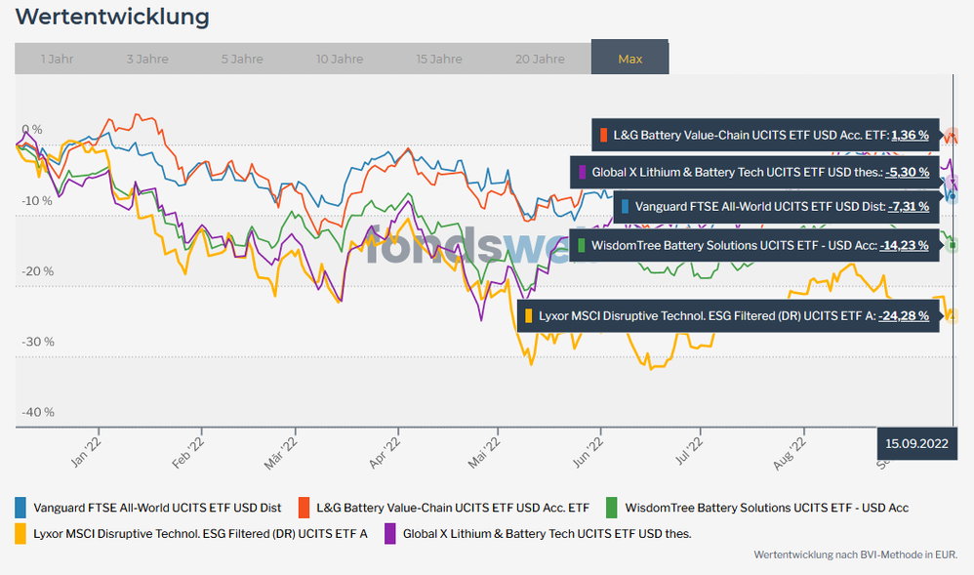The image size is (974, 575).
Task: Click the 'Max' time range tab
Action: pyautogui.click(x=629, y=59)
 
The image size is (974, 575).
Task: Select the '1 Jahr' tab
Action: pyautogui.click(x=57, y=59)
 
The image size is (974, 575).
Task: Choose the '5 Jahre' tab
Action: pyautogui.click(x=242, y=59)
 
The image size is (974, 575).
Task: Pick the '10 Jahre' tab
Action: pyautogui.click(x=340, y=59)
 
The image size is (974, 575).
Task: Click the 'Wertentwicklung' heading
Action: pyautogui.click(x=112, y=17)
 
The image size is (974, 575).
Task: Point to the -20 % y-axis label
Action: pyautogui.click(x=38, y=271)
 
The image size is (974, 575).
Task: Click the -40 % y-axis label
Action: pyautogui.click(x=38, y=412)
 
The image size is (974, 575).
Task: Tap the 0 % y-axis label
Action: pyautogui.click(x=32, y=129)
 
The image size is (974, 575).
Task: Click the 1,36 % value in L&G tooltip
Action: pyautogui.click(x=910, y=135)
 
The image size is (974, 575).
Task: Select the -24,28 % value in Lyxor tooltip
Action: pyautogui.click(x=903, y=315)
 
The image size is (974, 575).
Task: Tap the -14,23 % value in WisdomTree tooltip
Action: pyautogui.click(x=904, y=245)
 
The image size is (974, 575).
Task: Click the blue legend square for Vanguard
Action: pyautogui.click(x=20, y=508)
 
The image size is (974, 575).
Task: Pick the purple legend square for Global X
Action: pyautogui.click(x=390, y=533)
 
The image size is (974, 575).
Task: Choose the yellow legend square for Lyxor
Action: pyautogui.click(x=20, y=533)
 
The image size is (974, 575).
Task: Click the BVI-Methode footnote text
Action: pyautogui.click(x=856, y=554)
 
